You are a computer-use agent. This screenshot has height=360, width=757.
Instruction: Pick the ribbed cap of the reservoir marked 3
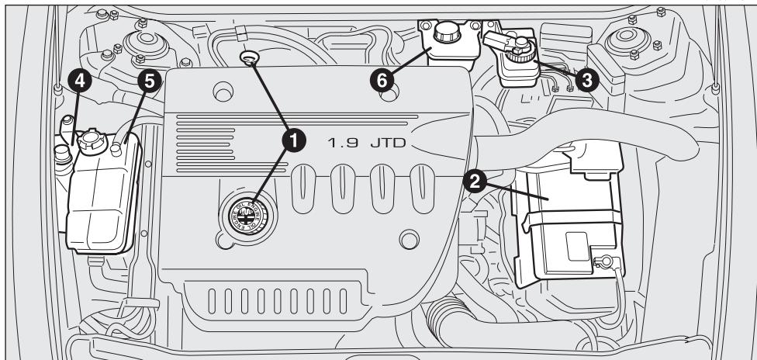tap(518, 50)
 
